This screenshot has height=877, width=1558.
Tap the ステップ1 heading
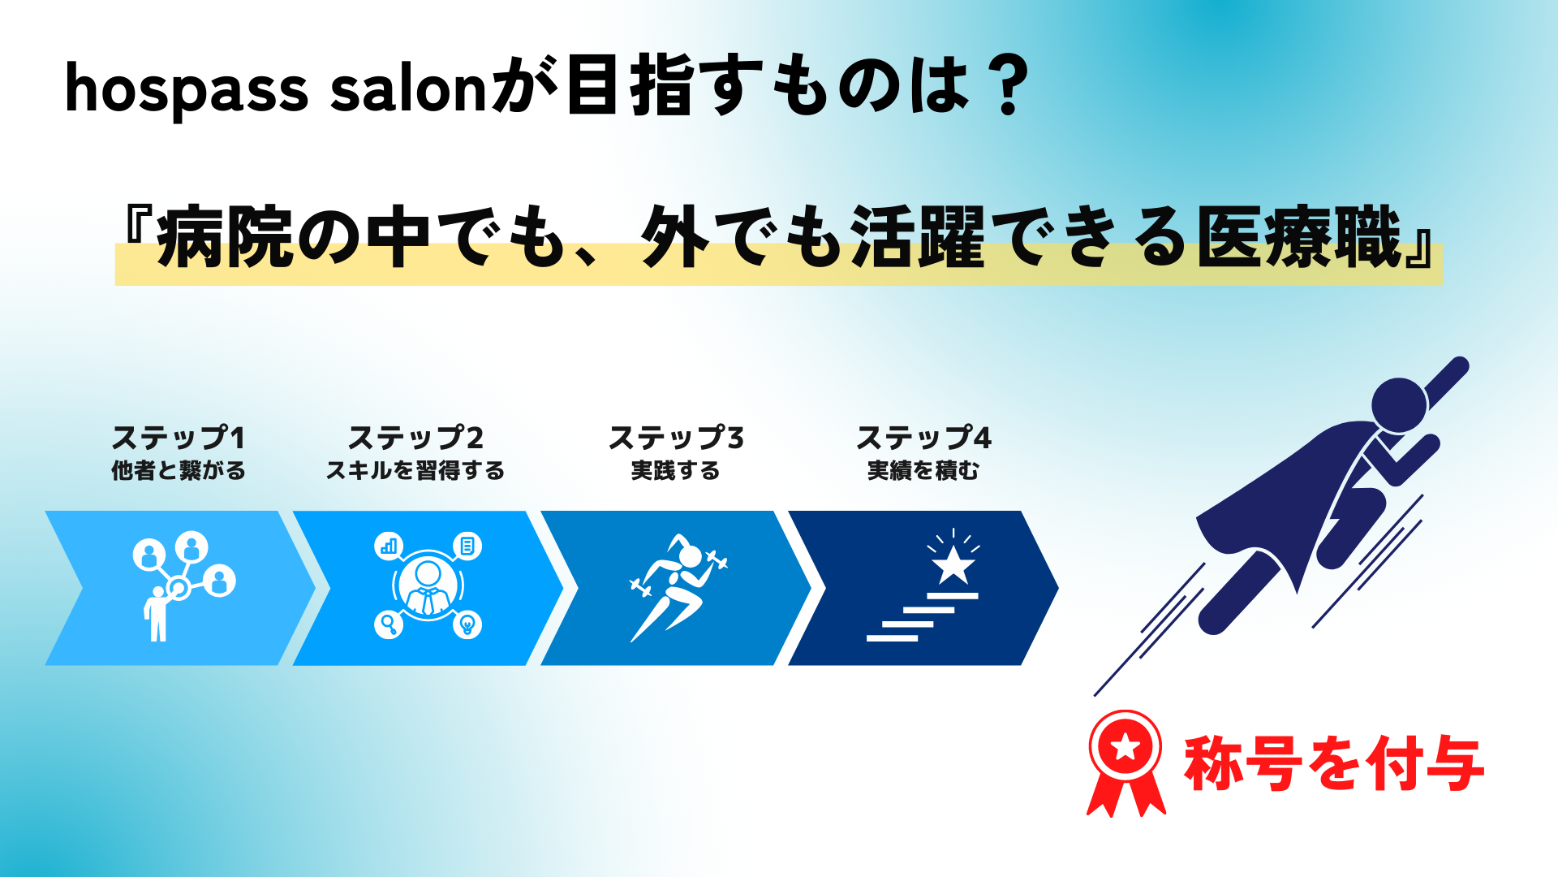coord(179,438)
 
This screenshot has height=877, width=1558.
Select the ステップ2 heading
coord(415,438)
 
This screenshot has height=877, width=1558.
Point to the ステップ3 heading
coord(676,438)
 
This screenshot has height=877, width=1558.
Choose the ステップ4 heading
coord(923,438)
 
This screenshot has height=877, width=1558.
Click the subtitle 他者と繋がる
coord(179,471)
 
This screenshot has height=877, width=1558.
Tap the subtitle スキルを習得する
coord(415,471)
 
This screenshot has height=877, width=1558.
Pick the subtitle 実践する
coord(676,471)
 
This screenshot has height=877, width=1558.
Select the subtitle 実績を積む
coord(923,471)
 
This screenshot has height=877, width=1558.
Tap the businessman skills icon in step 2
coord(428,585)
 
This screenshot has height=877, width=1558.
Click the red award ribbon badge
coord(1125,763)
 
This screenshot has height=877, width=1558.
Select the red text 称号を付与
coord(1334,763)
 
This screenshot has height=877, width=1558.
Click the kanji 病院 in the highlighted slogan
coord(225,237)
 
